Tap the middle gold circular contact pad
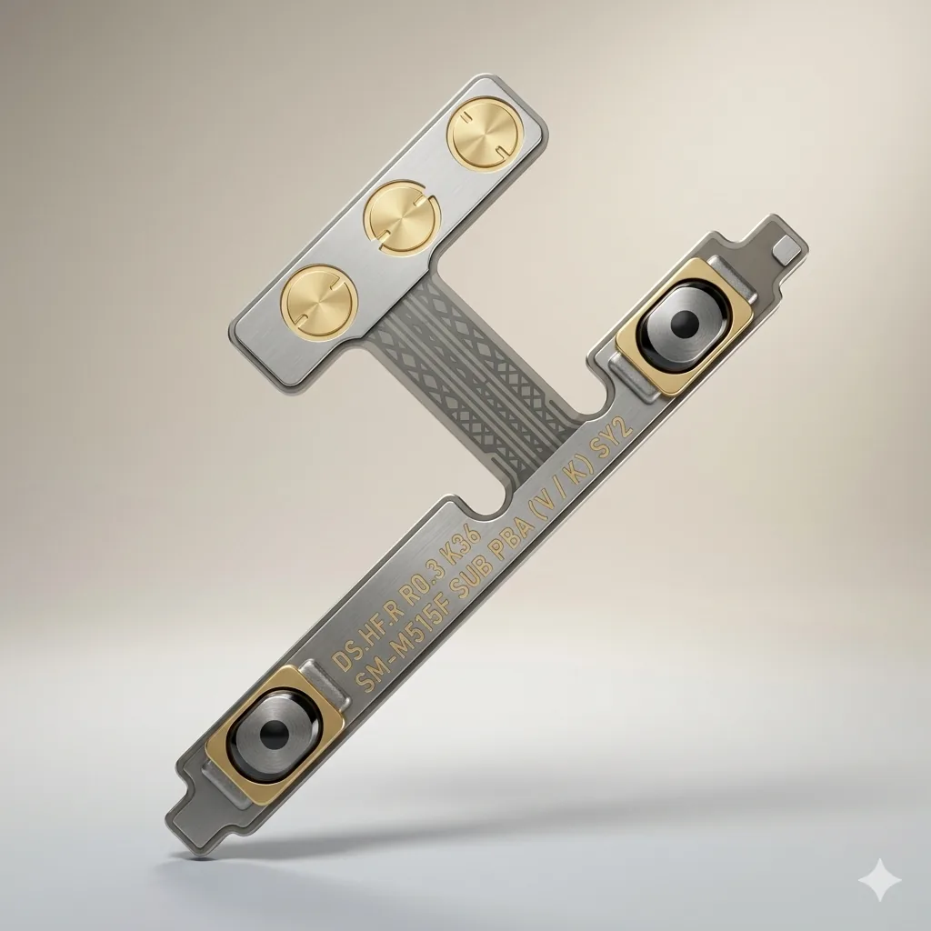click(402, 216)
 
